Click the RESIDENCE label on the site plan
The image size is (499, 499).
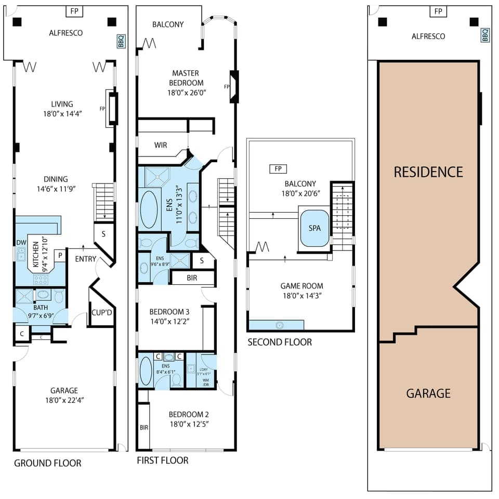pos(428,172)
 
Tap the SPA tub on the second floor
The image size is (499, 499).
pos(314,228)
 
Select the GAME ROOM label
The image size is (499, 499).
pos(301,286)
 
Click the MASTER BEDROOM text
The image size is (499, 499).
pos(186,78)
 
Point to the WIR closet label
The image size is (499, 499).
pos(161,145)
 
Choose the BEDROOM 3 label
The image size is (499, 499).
pos(169,312)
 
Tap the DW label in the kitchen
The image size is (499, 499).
pos(21,242)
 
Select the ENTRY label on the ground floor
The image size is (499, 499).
pos(85,259)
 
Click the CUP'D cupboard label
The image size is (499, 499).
pos(102,313)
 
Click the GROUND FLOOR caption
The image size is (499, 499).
pos(47,463)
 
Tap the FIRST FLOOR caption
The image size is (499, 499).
pos(162,461)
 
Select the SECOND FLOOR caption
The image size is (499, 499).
pos(280,342)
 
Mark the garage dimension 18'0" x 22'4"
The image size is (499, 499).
pos(64,400)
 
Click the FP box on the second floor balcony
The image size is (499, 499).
pos(278,169)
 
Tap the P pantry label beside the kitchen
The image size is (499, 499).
pos(60,255)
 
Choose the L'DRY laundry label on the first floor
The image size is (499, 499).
pos(204,369)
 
